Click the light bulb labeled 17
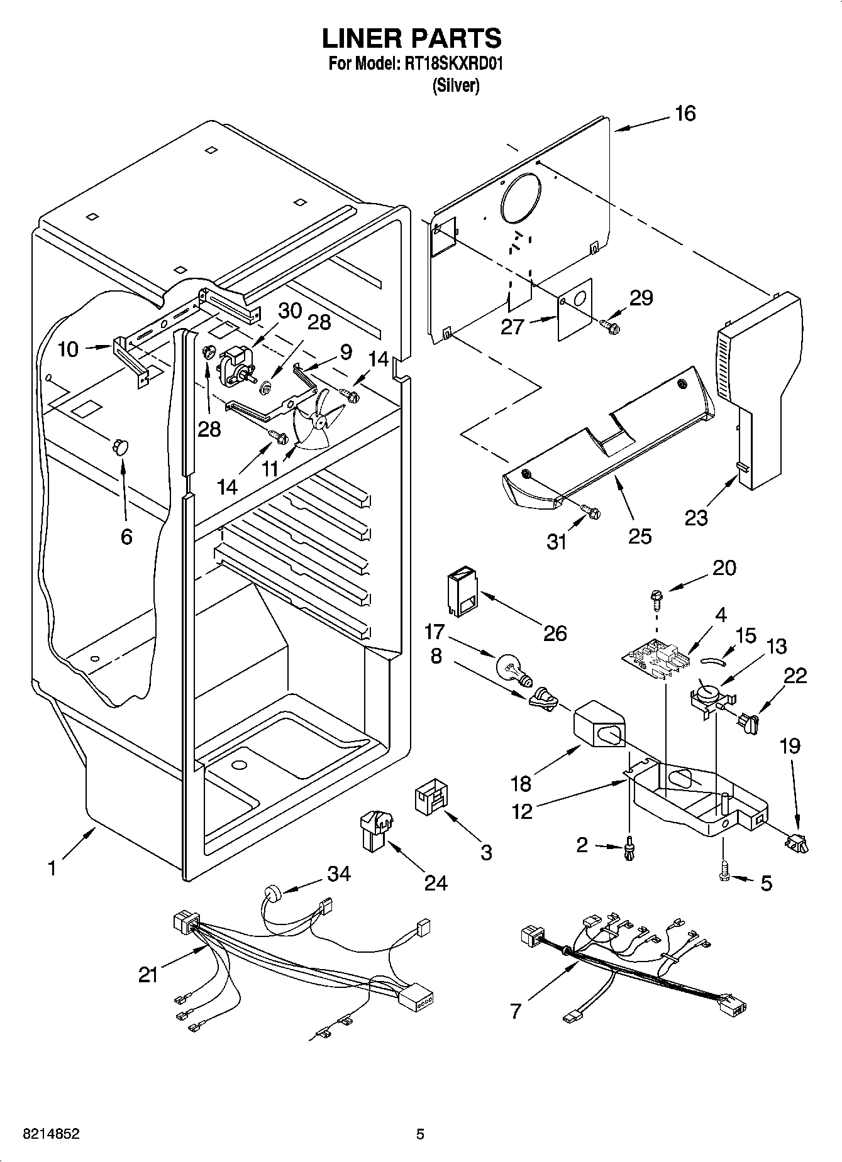click(512, 669)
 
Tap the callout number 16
click(685, 114)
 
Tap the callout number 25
click(640, 536)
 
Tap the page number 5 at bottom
click(420, 1134)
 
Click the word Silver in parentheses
click(456, 86)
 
